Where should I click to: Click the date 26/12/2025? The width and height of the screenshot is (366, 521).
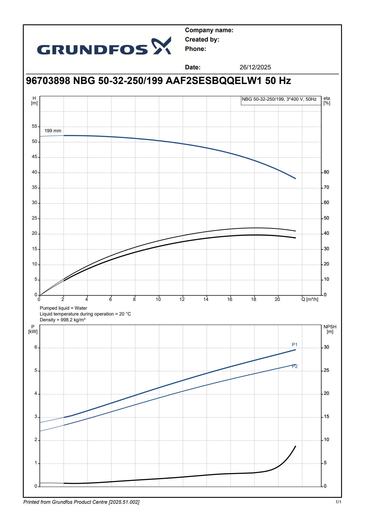click(x=255, y=67)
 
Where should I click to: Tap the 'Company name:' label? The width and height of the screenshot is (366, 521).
click(x=209, y=30)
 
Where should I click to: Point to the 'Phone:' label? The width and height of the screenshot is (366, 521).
click(x=195, y=49)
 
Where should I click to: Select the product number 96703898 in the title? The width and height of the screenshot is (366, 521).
click(x=48, y=81)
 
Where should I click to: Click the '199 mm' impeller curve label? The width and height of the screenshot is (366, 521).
click(x=53, y=131)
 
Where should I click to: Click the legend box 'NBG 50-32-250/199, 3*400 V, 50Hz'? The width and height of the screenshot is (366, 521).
click(x=279, y=99)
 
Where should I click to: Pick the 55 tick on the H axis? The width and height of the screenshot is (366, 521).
click(x=35, y=126)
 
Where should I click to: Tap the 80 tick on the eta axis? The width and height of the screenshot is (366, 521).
click(x=326, y=172)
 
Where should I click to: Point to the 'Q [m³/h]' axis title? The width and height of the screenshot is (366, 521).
click(x=310, y=299)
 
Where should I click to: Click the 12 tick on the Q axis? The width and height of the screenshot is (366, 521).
click(x=182, y=299)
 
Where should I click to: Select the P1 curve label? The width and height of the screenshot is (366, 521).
click(x=295, y=345)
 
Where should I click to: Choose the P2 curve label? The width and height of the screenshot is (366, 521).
click(x=295, y=366)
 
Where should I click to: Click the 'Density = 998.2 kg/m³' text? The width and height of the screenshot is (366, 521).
click(x=63, y=320)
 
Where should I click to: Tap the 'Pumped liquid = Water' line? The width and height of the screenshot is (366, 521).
click(x=63, y=308)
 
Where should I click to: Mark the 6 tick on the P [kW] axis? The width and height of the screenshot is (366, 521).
click(x=36, y=347)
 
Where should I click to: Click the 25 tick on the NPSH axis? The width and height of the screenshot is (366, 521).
click(x=326, y=370)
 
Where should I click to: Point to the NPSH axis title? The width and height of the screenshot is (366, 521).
click(x=330, y=329)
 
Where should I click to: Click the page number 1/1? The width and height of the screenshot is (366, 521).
click(x=338, y=502)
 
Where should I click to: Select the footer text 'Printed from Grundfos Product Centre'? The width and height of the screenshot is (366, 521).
click(x=81, y=502)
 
